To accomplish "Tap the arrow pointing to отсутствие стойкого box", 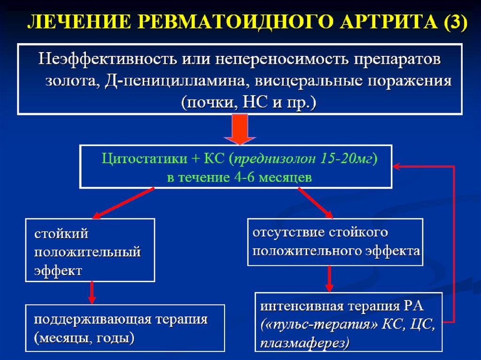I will pos(315,202).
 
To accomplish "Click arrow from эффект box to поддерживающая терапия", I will pos(92,293).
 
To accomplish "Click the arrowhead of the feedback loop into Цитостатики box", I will pos(397,166).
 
